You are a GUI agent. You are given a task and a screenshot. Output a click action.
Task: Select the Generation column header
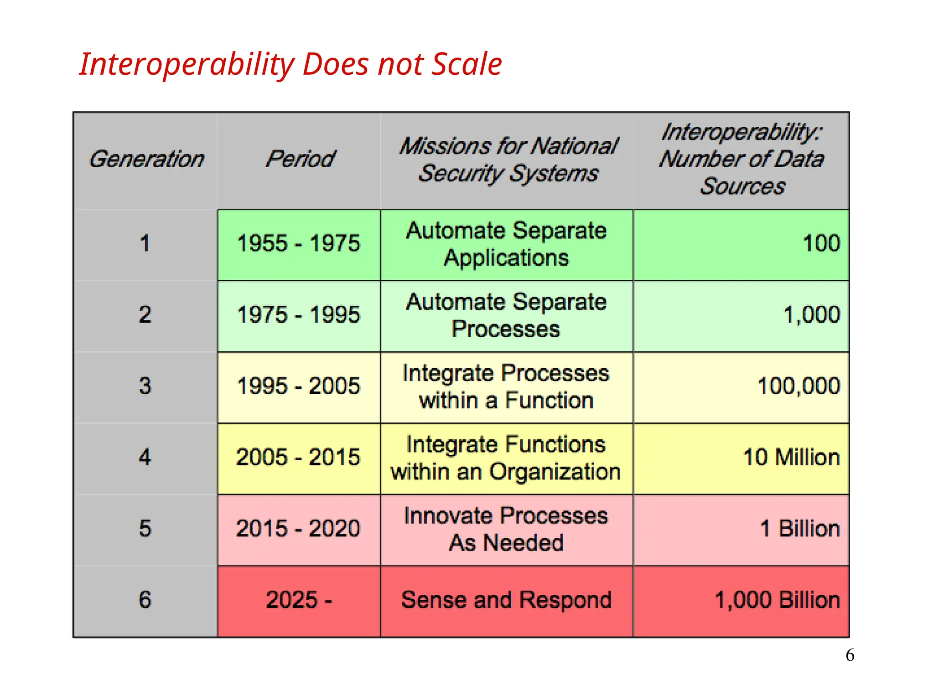coord(146,160)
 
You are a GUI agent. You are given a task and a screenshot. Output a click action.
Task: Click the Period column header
coord(300,160)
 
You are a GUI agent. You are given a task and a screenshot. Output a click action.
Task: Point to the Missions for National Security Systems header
coord(508,160)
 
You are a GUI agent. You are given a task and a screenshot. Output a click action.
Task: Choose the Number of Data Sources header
coord(742,160)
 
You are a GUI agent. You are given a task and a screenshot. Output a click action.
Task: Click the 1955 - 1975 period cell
coord(299,244)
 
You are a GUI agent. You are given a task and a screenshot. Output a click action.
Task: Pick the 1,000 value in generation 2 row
coord(811,315)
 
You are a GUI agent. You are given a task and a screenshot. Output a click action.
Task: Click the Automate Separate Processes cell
coord(506,315)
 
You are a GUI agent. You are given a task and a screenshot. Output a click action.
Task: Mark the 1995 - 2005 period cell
coord(299,386)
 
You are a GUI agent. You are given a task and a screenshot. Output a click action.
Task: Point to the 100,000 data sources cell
coord(798,386)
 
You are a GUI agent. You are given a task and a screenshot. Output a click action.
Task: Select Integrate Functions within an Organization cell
coord(506,458)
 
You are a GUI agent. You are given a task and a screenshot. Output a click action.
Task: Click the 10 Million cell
coord(791,458)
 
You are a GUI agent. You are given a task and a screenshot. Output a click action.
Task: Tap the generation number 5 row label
coord(145,529)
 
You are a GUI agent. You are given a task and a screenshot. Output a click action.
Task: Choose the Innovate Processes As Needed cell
coord(506,529)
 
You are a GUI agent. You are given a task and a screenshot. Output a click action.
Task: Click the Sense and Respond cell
coord(506,600)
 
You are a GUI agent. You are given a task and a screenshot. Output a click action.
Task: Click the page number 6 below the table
coord(850,655)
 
